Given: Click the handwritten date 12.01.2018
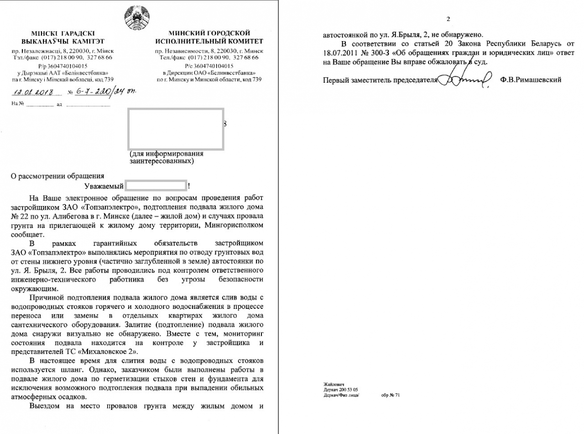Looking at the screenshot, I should coord(34,92).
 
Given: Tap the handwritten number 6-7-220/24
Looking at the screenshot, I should coord(104,91).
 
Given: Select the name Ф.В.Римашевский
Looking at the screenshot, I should coord(531,79).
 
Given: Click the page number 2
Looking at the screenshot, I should coord(448,19).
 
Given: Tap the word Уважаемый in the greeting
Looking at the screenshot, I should coord(104,186).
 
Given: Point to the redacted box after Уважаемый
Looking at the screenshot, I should coord(156,185).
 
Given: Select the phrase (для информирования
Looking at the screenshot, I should coord(167,153).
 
